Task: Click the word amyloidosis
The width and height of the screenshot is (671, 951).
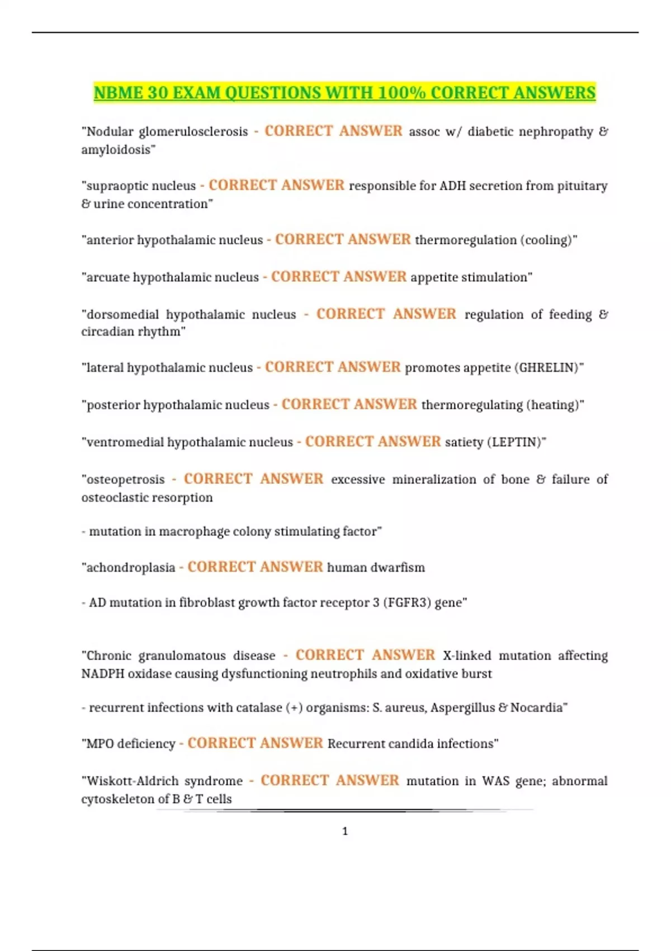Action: pyautogui.click(x=117, y=150)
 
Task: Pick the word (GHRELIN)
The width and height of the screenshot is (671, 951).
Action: pyautogui.click(x=549, y=368)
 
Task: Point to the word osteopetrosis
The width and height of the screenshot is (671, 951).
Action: pyautogui.click(x=125, y=479)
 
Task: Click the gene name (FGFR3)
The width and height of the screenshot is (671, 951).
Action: pyautogui.click(x=407, y=602)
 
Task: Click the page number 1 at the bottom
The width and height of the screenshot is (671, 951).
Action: pyautogui.click(x=344, y=831)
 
